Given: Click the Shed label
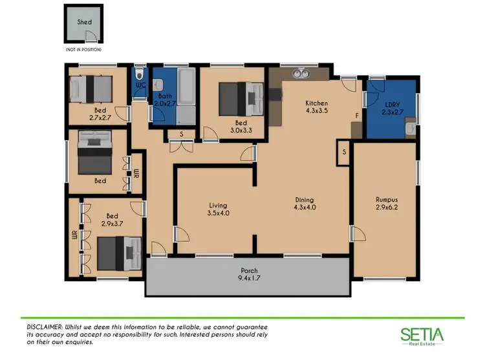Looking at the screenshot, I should [x=84, y=21].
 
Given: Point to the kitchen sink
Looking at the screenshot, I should [x=299, y=74].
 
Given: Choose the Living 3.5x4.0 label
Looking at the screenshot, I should [x=218, y=208].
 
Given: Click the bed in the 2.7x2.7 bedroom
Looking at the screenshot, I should [x=91, y=89].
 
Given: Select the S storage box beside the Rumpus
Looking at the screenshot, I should [x=343, y=153].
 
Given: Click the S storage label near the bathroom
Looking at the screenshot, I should [x=182, y=134].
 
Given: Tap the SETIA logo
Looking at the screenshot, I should [x=421, y=335].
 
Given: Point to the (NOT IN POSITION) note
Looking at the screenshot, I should [x=83, y=49].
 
